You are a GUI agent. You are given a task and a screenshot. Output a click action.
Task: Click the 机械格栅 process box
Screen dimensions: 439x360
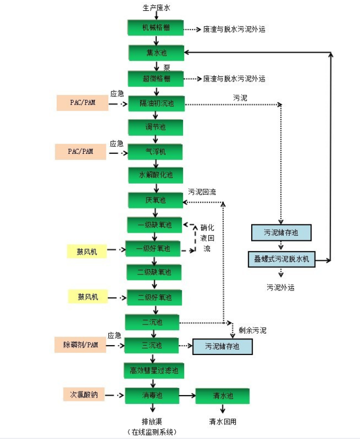[156, 28]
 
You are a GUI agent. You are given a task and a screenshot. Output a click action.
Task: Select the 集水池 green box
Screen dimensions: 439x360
[156, 53]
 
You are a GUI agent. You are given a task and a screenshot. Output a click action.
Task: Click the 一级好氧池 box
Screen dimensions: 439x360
[154, 249]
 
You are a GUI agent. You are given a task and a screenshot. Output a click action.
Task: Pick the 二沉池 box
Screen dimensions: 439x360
[153, 322]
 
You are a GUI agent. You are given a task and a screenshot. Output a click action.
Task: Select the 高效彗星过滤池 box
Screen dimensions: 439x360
[154, 370]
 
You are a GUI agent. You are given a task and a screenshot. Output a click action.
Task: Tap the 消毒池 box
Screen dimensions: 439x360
[153, 396]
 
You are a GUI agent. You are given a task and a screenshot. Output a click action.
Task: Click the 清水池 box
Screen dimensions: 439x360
[223, 396]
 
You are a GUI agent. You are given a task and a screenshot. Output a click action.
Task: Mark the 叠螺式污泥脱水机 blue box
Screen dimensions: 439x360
[281, 259]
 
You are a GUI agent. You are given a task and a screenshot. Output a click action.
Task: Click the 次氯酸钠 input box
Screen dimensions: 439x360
[84, 395]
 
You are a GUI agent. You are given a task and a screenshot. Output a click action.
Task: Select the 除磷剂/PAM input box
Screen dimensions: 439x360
[80, 345]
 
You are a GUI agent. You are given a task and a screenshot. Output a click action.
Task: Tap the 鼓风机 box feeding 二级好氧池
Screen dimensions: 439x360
[88, 297]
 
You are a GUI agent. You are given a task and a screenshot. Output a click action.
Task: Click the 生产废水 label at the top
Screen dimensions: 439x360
[156, 8]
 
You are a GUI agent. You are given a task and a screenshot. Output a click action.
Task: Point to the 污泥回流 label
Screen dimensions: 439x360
[202, 192]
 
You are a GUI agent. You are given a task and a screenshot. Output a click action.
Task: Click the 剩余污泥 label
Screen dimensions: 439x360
[253, 330]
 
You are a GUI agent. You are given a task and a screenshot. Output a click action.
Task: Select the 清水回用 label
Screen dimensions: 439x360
[223, 421]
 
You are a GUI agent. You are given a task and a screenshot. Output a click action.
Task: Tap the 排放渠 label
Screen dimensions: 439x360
[153, 421]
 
